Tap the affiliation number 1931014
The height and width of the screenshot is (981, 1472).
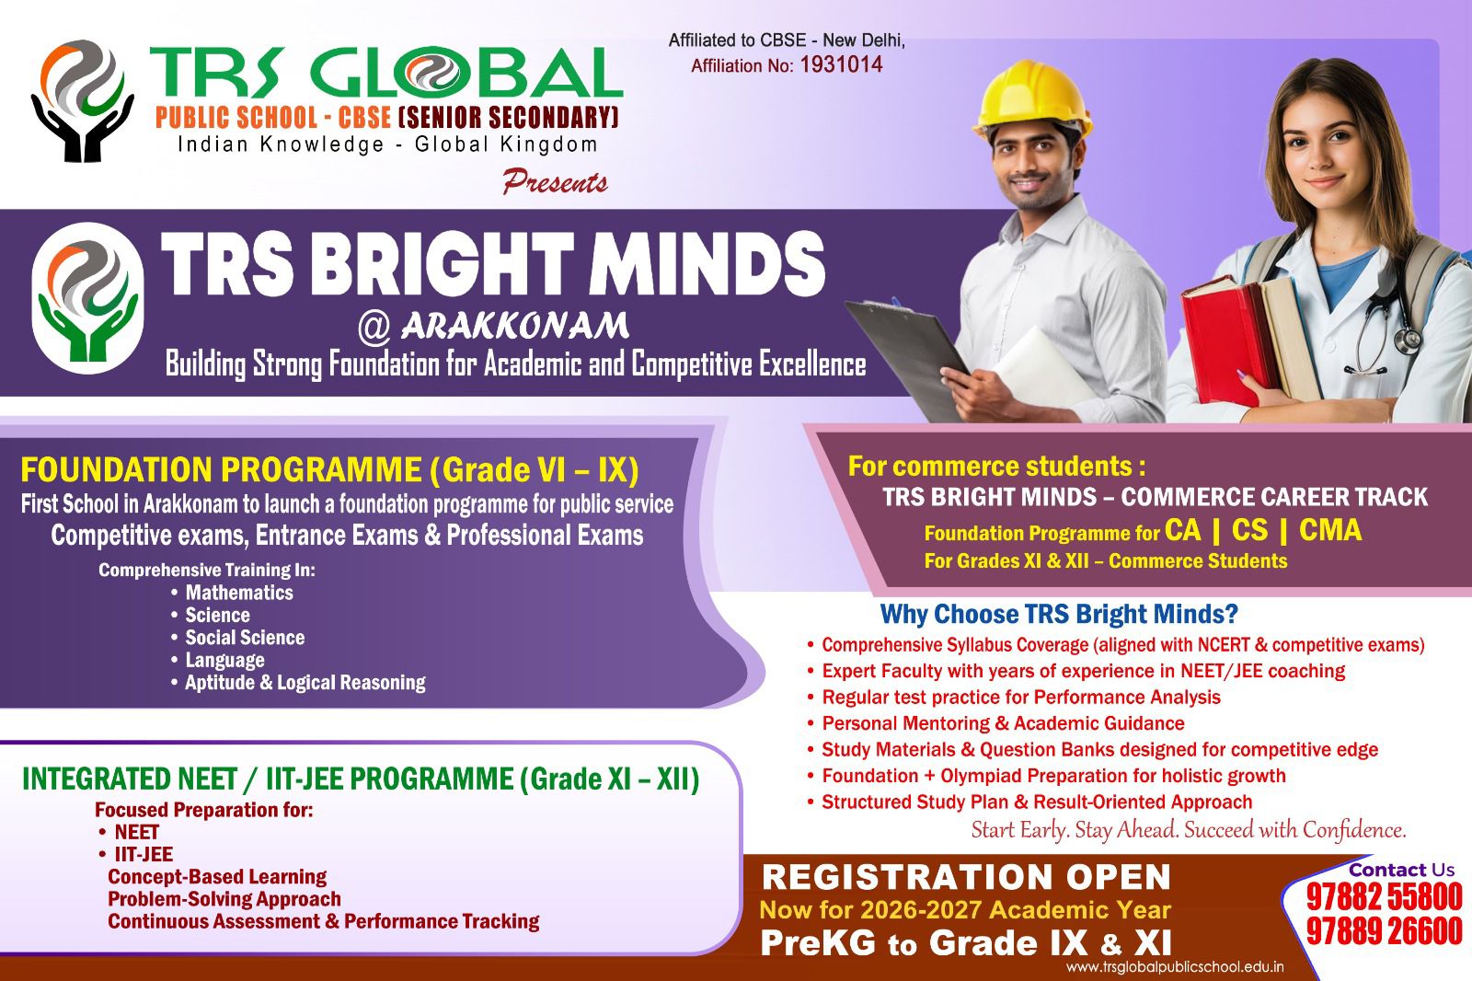(x=841, y=64)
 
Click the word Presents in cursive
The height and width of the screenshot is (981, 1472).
(x=555, y=182)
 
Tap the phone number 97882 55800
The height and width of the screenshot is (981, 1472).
(x=1384, y=896)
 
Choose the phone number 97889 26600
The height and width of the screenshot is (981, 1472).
(x=1384, y=931)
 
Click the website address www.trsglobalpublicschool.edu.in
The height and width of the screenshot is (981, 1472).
(x=1175, y=967)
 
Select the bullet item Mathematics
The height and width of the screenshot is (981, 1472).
(x=239, y=593)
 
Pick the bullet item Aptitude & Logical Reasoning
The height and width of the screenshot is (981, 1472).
(x=305, y=683)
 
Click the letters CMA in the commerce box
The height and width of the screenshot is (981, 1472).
(x=1330, y=530)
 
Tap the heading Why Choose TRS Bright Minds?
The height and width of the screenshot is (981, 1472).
(x=1059, y=614)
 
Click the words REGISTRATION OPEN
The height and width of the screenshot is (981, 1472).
(x=966, y=877)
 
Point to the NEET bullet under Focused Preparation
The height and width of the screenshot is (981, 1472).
(x=136, y=832)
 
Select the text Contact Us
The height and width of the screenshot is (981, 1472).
(x=1401, y=870)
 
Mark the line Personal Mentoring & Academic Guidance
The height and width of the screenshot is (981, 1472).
(x=1003, y=723)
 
